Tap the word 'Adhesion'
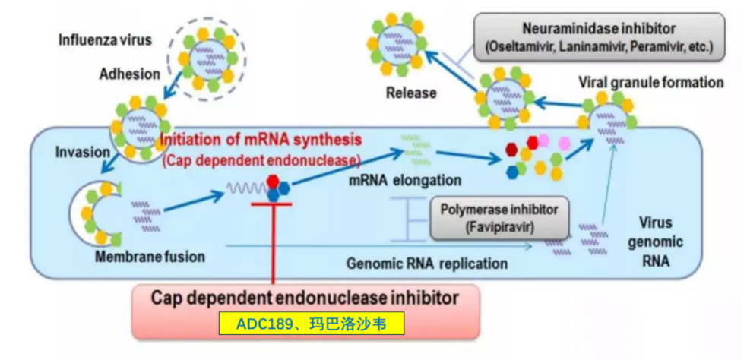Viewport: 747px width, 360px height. click(x=129, y=74)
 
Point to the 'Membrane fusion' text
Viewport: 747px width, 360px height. click(x=150, y=257)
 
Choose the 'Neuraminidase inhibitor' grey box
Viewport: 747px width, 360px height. click(x=600, y=36)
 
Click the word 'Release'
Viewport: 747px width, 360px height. click(x=410, y=93)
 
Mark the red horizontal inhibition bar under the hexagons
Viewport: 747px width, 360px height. click(x=273, y=204)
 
